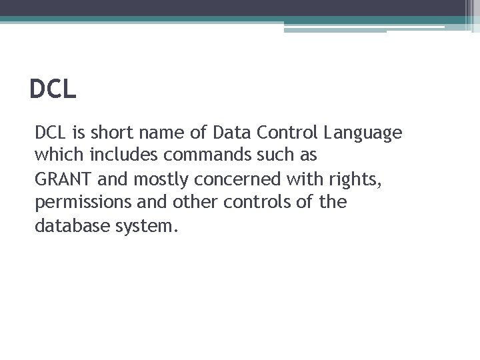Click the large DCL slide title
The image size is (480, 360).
pyautogui.click(x=53, y=89)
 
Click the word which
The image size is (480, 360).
pyautogui.click(x=56, y=156)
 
